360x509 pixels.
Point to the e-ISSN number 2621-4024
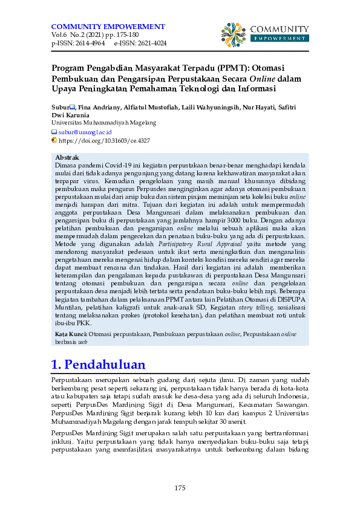coord(150,44)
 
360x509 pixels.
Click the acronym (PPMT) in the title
coord(222,68)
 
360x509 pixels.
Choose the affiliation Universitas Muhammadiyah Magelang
coord(103,122)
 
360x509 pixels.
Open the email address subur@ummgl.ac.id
coord(85,131)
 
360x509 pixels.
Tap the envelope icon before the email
coord(54,131)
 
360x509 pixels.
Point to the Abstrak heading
coord(67,157)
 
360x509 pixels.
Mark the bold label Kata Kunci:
coord(71,334)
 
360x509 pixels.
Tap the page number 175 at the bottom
coord(180,488)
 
